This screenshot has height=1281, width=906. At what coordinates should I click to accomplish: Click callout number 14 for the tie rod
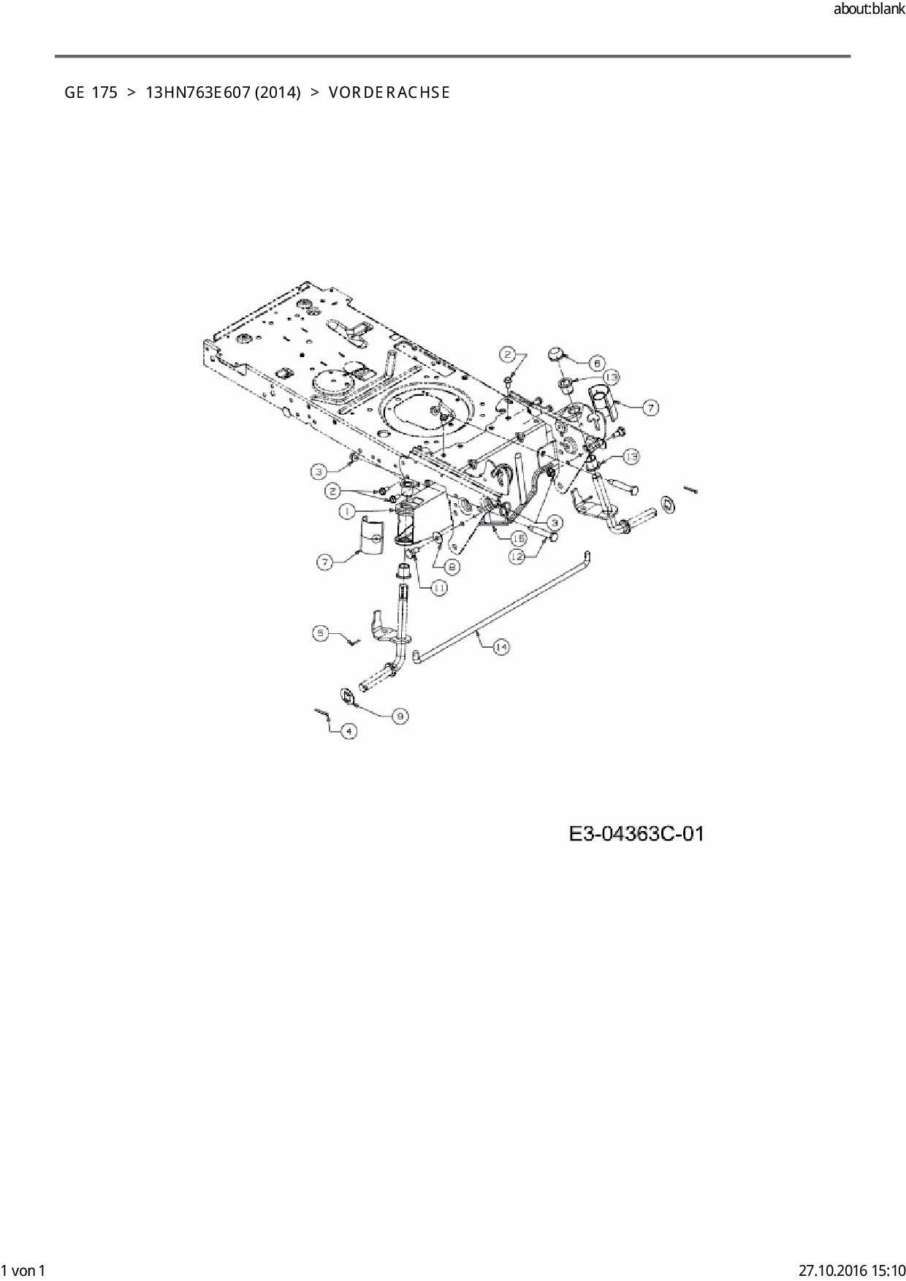(x=500, y=647)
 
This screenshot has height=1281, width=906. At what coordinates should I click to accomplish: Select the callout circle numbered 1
(x=348, y=512)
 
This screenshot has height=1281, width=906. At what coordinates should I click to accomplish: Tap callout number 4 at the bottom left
(x=349, y=731)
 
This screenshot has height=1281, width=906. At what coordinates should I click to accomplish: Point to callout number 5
(x=321, y=633)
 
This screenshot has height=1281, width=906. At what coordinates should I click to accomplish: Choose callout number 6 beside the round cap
(x=596, y=362)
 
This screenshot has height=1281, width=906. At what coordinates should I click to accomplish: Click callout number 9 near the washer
(x=400, y=716)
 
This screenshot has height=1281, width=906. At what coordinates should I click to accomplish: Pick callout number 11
(x=438, y=586)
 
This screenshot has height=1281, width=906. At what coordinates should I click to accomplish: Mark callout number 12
(x=517, y=555)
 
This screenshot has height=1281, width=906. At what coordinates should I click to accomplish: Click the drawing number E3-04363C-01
(x=636, y=833)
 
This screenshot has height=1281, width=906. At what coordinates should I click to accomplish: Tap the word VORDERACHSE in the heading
(x=389, y=93)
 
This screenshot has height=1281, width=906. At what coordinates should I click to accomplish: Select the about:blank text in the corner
(x=869, y=9)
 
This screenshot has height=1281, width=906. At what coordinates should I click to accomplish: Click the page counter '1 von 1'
(x=24, y=1270)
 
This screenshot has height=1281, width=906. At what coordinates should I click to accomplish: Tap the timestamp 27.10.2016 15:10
(x=851, y=1270)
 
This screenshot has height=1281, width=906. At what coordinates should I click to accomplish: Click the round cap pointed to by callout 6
(x=558, y=354)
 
